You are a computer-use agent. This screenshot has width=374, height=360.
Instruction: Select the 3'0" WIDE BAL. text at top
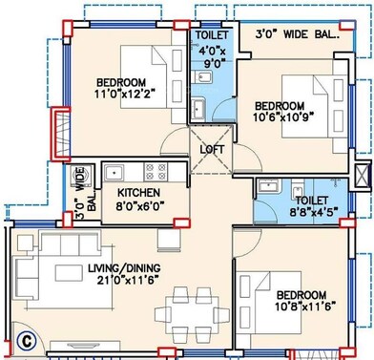pyautogui.click(x=298, y=35)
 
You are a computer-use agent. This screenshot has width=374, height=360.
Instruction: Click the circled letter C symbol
pyautogui.click(x=29, y=336)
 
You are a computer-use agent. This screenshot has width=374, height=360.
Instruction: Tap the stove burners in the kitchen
pyautogui.click(x=154, y=173)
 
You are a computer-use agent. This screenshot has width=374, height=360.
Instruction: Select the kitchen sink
pyautogui.click(x=117, y=173)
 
